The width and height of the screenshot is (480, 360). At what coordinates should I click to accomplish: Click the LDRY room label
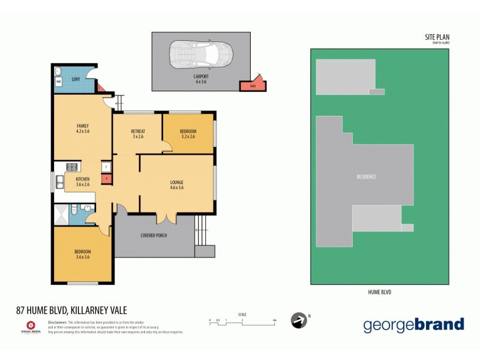[76, 79]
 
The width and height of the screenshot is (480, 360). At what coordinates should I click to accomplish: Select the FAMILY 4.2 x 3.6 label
[82, 128]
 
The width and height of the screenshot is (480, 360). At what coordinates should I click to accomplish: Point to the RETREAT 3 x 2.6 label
[138, 134]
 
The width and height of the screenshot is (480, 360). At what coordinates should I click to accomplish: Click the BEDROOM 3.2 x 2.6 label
[188, 134]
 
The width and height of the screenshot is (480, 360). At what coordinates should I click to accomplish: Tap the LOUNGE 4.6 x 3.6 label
[176, 185]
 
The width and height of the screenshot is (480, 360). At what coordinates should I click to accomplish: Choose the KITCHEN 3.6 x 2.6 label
[82, 181]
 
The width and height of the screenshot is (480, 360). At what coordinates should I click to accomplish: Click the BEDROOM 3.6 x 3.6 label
[82, 254]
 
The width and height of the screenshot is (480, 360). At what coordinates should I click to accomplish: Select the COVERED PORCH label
[154, 235]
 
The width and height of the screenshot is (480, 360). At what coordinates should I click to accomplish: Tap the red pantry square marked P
[106, 178]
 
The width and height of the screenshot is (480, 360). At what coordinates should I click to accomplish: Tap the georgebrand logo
[413, 325]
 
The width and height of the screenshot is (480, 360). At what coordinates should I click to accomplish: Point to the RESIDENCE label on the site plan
[366, 176]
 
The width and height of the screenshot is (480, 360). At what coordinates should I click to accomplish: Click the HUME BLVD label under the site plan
[379, 292]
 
